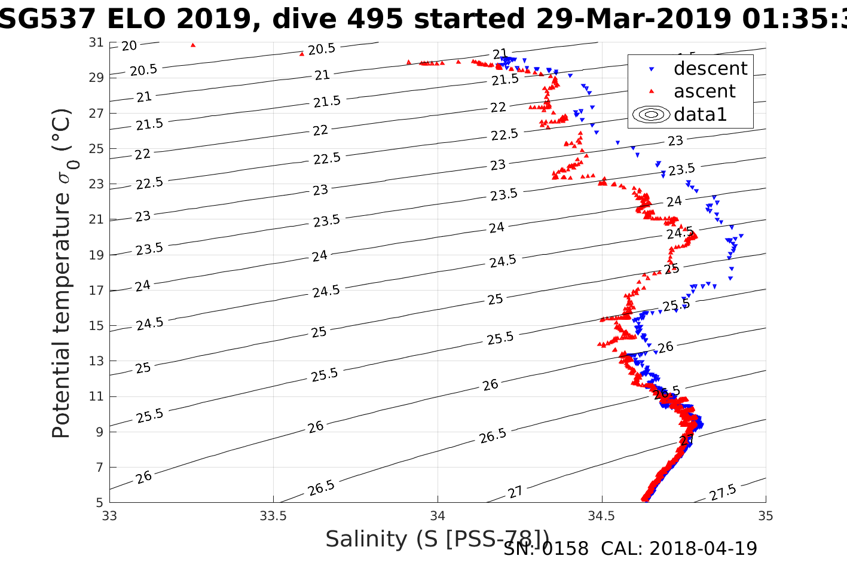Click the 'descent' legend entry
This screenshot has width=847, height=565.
coord(710,69)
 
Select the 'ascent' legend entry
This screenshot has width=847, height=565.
coord(704,91)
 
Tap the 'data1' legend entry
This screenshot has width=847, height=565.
coord(700,114)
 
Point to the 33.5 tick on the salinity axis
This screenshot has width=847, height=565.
coord(274,515)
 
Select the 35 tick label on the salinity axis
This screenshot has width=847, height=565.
coord(766,515)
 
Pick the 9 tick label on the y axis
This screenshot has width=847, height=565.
coord(100,432)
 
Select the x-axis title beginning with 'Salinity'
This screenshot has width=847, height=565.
coord(437,539)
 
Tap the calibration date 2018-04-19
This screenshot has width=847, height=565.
coord(703,548)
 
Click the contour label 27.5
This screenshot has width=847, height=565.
coord(723,493)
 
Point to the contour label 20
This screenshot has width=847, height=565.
coord(129,45)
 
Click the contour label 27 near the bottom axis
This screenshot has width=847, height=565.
coord(515,492)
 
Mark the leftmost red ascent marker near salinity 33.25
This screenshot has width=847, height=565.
coord(192,45)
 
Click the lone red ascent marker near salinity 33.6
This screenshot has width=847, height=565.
coord(302,54)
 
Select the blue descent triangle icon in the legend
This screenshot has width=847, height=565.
coord(652,69)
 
